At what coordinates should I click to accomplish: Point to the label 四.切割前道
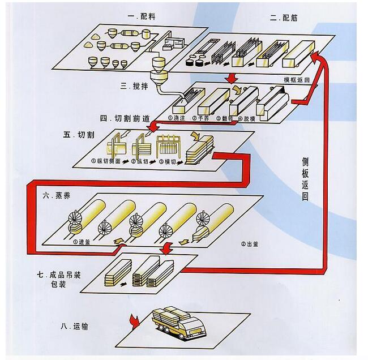125,118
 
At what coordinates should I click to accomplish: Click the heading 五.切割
76,135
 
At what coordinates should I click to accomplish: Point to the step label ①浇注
176,118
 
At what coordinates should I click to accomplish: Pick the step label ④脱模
247,118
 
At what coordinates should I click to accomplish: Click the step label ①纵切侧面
107,161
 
